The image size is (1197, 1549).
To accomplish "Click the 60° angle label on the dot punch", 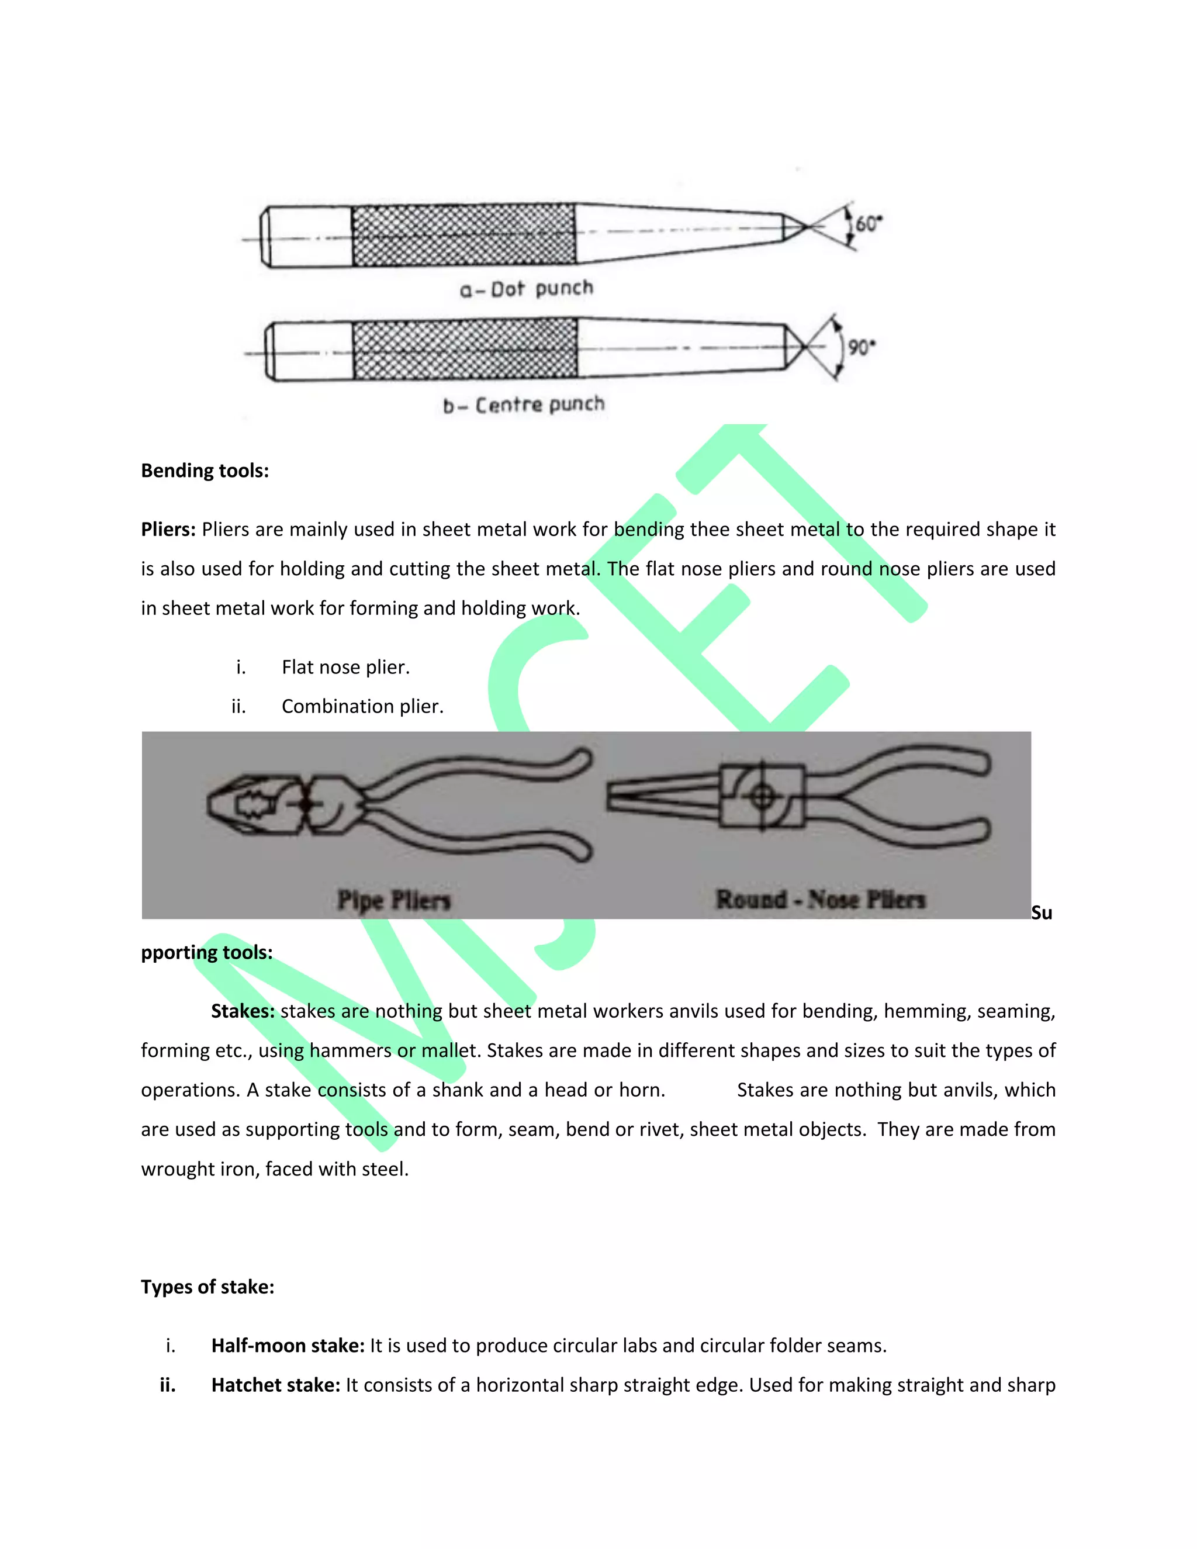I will click(868, 224).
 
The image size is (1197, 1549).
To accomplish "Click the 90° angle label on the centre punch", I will click(862, 348).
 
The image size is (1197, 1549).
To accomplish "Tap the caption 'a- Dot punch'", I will click(526, 289).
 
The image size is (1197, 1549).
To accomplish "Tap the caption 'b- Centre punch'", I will click(524, 405).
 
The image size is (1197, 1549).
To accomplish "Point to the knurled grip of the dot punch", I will click(463, 236).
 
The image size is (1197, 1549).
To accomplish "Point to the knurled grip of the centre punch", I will click(465, 348).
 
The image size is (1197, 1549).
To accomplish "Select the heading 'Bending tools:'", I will click(205, 471).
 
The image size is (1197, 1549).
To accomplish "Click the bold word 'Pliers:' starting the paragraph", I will click(168, 530).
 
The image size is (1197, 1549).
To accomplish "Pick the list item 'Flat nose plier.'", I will click(345, 668).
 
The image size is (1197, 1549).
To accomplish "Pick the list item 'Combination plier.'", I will click(362, 707).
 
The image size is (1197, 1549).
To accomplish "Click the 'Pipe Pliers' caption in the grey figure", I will click(395, 900).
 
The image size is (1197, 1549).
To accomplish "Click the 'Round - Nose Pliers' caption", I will click(821, 900).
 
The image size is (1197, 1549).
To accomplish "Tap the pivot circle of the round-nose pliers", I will click(762, 796).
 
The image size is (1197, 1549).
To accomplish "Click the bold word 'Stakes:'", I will click(243, 1011).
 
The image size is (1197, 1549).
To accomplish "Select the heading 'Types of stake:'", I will click(207, 1287).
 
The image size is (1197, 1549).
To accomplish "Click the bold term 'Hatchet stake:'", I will click(276, 1385).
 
